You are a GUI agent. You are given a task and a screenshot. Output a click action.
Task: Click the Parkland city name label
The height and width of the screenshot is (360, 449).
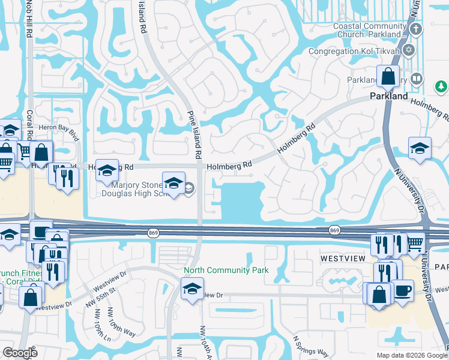click(388, 96)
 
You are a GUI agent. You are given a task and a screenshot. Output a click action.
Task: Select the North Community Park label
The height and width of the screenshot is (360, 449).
click(226, 271)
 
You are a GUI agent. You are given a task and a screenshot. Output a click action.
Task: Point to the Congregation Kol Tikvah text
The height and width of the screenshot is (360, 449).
click(355, 51)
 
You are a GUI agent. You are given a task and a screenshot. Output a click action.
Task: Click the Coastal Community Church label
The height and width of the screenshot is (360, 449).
click(367, 30)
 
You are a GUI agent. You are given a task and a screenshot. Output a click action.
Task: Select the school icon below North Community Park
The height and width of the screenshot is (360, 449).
click(193, 289)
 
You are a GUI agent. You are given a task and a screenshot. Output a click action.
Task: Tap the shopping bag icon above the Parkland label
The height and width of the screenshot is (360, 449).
click(388, 76)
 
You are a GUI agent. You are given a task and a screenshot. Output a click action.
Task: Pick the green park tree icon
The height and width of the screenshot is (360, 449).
click(441, 88)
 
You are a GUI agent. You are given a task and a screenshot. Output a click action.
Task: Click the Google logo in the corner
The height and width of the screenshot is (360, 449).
click(20, 353)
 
